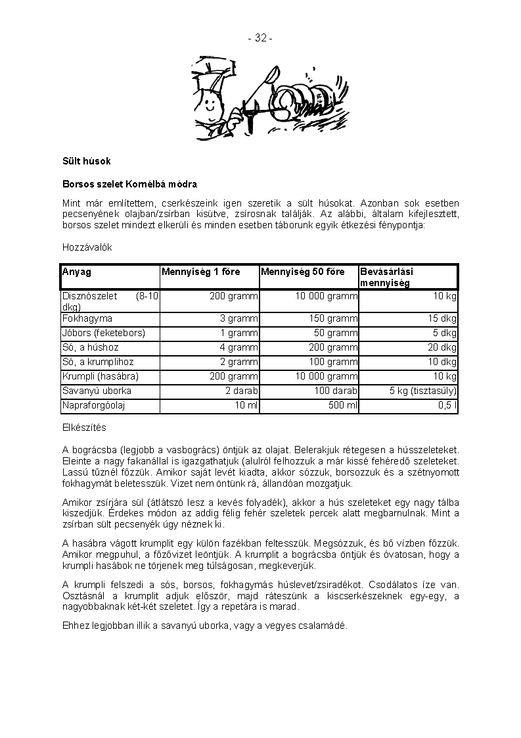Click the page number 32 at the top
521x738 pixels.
(x=260, y=38)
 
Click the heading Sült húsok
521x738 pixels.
(x=87, y=161)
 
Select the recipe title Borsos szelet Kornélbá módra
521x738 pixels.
(x=129, y=184)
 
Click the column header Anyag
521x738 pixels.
(x=77, y=272)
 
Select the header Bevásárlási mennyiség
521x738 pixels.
(x=386, y=277)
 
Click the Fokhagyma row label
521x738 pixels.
(x=87, y=318)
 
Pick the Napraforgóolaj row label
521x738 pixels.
(x=93, y=405)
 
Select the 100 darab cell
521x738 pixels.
(x=338, y=391)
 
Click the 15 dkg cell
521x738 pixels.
(x=443, y=318)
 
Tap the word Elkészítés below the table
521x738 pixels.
(x=84, y=428)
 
